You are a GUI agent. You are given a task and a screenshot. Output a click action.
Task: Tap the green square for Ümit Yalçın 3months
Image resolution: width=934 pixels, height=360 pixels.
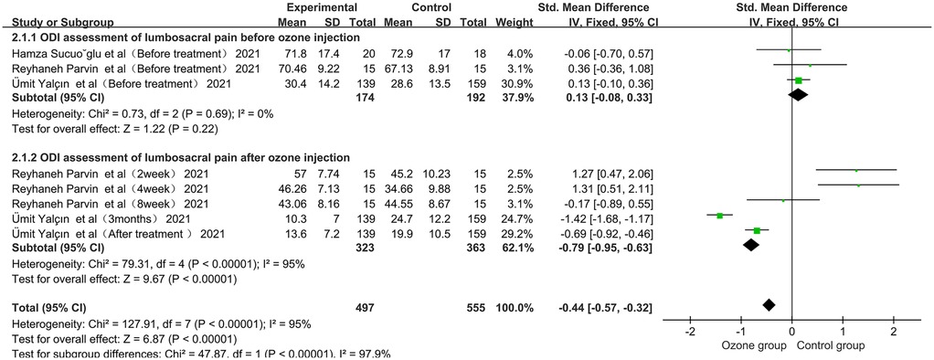pos(720,216)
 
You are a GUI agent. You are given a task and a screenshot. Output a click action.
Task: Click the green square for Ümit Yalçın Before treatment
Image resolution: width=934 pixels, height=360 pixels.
pos(799,80)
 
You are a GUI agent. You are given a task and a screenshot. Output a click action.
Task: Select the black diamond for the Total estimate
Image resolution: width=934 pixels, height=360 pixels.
pos(769,304)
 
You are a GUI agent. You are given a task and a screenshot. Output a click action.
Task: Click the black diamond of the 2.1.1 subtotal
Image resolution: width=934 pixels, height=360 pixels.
pos(798,95)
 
